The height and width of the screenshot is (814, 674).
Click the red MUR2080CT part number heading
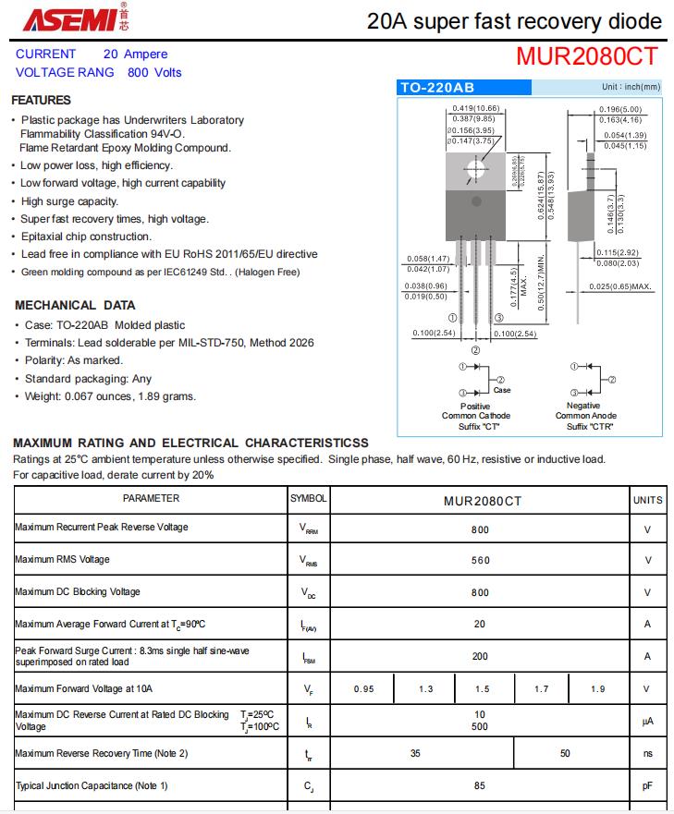click(587, 57)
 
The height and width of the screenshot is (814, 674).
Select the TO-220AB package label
click(437, 88)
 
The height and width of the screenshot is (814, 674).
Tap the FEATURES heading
click(41, 100)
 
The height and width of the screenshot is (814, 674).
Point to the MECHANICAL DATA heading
click(75, 305)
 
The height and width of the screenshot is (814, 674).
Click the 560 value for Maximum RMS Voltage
click(480, 560)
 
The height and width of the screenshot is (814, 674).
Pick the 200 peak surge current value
click(480, 656)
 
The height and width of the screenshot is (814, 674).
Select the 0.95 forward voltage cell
click(363, 689)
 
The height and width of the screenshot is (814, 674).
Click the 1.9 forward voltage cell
click(598, 689)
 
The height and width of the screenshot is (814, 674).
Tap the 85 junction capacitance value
click(480, 786)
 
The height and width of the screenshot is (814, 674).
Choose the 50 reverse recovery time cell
click(565, 753)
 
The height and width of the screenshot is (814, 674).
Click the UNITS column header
click(647, 500)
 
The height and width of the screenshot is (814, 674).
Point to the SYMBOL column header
click(308, 498)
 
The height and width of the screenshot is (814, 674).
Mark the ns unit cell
click(647, 754)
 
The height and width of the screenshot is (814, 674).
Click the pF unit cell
click(647, 786)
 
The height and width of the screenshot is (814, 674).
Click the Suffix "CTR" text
click(591, 426)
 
